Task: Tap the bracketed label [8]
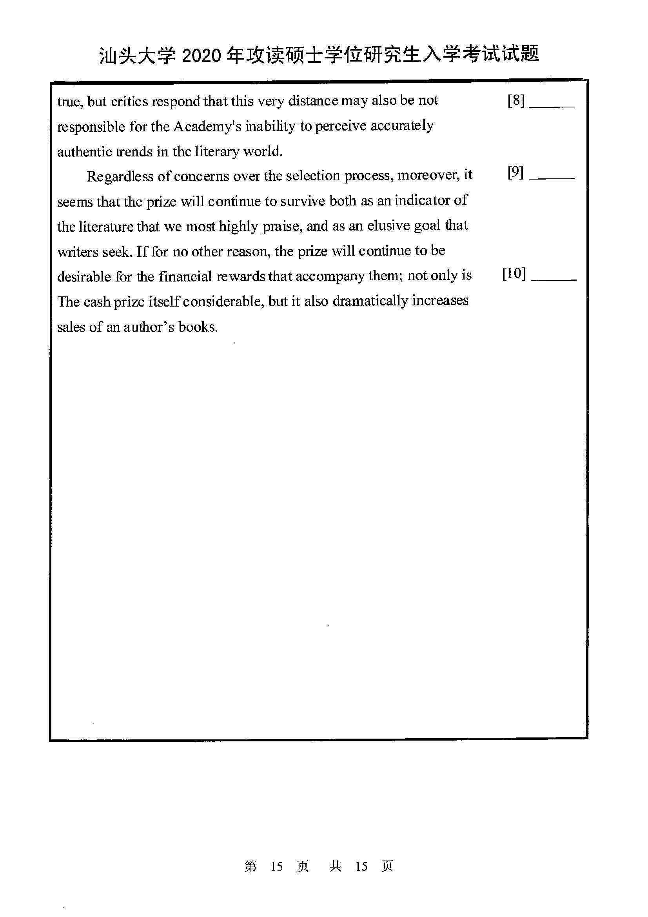516,101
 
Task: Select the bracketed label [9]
515,173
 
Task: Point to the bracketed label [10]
514,274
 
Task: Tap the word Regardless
120,176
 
